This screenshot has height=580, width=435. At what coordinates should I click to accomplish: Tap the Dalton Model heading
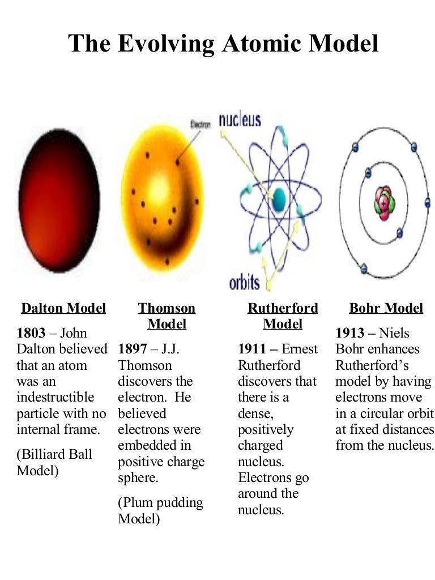(63, 308)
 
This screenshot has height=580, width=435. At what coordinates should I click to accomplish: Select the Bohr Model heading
(386, 308)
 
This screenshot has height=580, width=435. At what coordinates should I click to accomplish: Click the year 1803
(31, 333)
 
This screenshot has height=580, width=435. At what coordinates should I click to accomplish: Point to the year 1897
(133, 349)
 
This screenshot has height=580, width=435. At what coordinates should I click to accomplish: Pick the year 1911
(252, 349)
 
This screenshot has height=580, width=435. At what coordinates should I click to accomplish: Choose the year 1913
(350, 333)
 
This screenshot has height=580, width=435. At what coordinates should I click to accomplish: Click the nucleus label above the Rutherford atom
(240, 120)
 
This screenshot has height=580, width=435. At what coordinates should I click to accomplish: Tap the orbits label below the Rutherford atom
(244, 283)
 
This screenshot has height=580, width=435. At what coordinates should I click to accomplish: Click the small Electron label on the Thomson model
(200, 125)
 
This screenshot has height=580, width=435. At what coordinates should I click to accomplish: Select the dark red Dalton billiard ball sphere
(59, 201)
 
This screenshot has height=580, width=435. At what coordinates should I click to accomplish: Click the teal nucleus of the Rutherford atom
(279, 199)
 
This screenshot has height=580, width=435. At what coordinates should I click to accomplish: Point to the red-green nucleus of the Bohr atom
(385, 203)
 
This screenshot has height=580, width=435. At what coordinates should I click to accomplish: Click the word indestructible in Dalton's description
(56, 397)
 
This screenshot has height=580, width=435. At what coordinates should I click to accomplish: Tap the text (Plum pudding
(160, 503)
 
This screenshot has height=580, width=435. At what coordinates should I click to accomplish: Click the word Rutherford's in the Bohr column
(372, 365)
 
